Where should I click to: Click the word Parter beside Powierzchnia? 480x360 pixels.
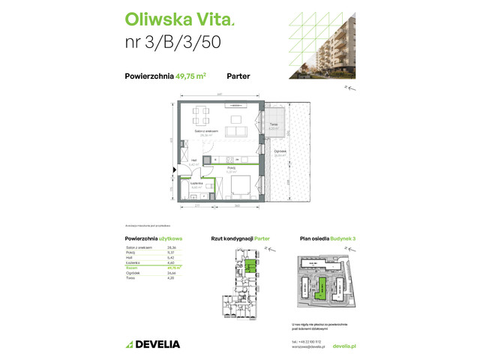(238, 76)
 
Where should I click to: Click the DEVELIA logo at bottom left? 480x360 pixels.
(153, 344)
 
